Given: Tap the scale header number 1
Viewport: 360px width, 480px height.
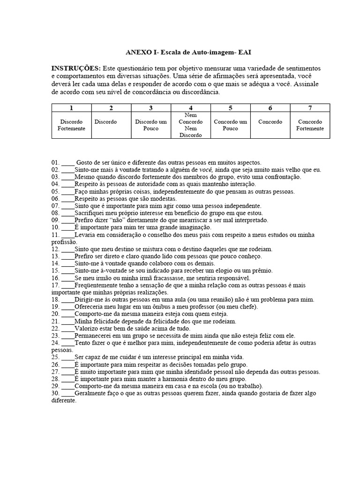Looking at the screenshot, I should [71, 108].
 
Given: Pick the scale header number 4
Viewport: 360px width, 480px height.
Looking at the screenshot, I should [191, 108].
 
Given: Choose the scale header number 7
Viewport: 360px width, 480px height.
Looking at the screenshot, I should [310, 108].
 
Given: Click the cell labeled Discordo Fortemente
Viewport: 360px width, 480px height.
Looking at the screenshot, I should [71, 125].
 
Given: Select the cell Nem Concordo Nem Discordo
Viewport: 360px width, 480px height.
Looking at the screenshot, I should [191, 125].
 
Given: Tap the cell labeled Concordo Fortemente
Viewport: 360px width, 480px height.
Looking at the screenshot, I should [310, 125].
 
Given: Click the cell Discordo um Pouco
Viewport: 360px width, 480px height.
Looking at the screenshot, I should [151, 125].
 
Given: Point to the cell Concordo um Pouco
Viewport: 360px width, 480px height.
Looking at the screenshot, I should [230, 125].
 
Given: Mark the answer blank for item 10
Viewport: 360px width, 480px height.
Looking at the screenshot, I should [67, 227].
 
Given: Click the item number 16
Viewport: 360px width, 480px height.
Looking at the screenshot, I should [55, 277].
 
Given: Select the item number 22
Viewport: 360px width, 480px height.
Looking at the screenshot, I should [55, 328].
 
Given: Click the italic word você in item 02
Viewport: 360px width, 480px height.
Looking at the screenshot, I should [207, 169].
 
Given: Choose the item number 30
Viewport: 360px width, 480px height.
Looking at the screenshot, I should [55, 393].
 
